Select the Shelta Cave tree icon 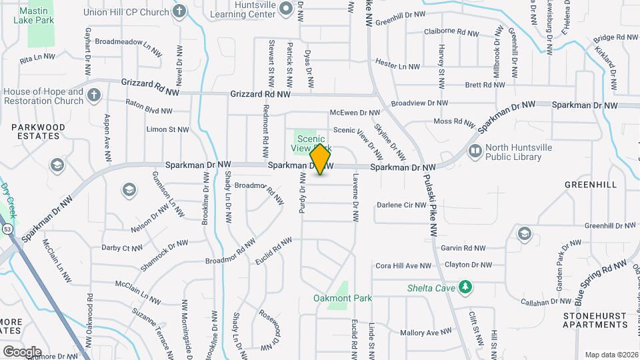point(466,287)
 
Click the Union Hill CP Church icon point(179,11)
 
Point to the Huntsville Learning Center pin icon point(285,9)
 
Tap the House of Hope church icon point(94,95)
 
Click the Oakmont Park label point(343,298)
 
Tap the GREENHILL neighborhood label point(591,184)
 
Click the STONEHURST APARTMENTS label point(595,320)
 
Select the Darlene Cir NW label point(401,205)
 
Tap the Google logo point(22,351)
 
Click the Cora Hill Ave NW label point(403,265)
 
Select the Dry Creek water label point(8,200)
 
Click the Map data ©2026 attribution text point(611,355)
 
